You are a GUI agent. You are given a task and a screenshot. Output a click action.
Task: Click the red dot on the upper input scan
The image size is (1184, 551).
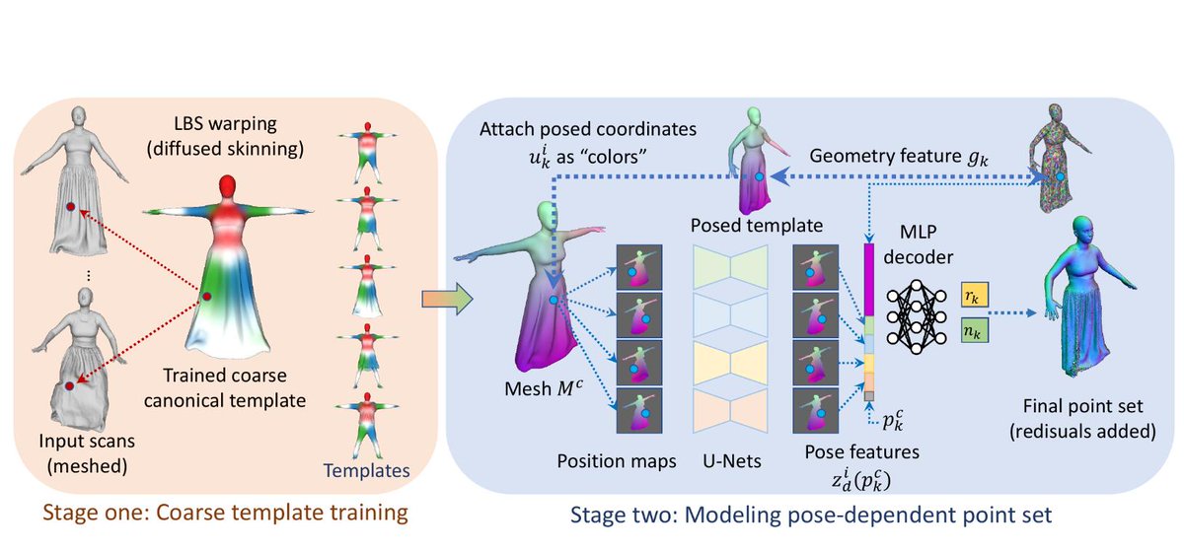click(x=70, y=207)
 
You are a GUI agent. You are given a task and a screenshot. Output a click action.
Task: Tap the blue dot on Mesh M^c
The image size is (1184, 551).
click(x=555, y=299)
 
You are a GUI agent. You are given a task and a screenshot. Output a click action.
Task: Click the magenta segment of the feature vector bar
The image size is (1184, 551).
click(x=868, y=279)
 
